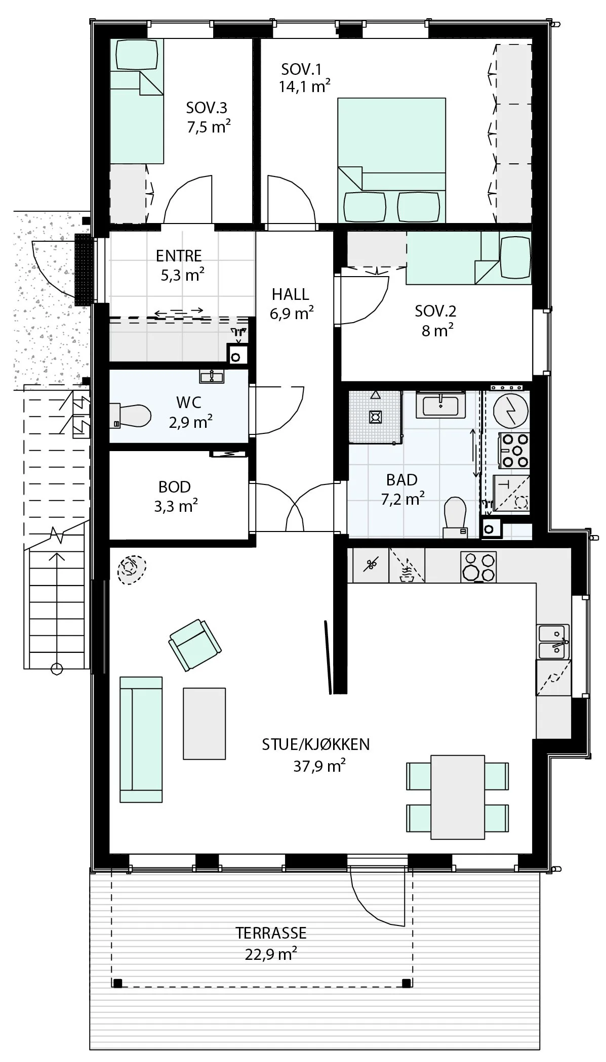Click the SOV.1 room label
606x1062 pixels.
(301, 69)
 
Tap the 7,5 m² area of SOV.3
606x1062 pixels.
(209, 126)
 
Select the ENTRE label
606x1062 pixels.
(179, 256)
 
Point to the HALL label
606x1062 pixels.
(290, 294)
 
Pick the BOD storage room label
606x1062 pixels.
(175, 487)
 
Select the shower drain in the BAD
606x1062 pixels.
(375, 416)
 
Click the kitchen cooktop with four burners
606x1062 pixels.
(478, 566)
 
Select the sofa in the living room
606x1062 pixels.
(141, 739)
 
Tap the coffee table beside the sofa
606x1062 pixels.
(204, 723)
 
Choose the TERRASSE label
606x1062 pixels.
(271, 933)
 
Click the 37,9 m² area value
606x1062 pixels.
(319, 766)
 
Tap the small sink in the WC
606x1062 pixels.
(212, 376)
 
